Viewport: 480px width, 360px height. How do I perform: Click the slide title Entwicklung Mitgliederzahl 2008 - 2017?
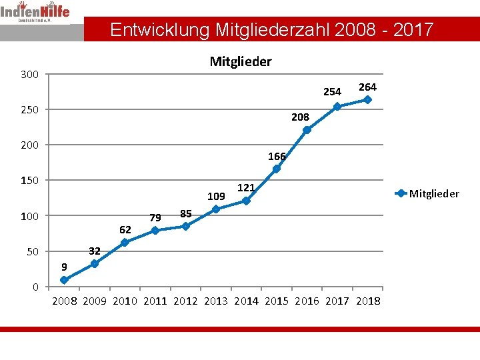pos(271,30)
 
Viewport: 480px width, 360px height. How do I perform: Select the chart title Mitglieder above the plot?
pos(241,62)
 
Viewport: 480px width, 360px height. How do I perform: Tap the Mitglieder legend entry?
pos(427,193)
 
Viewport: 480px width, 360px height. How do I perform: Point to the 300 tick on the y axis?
pos(30,73)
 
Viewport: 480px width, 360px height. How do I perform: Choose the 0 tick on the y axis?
pos(35,287)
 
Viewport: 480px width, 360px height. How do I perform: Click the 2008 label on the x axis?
pos(64,301)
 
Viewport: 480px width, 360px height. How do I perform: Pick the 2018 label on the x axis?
pos(368,301)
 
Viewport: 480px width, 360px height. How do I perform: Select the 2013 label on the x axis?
pos(216,301)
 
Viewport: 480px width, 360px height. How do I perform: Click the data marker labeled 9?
pos(64,280)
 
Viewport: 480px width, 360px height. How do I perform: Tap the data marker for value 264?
pos(367,99)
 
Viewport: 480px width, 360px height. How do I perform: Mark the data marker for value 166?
pos(276,169)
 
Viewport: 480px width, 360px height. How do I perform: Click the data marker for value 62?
pos(125,243)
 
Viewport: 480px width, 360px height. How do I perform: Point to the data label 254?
pos(332,92)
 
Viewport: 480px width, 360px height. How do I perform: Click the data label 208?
pos(300,117)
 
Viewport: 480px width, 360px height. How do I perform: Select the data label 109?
pos(216,197)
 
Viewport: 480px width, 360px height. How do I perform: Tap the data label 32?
pos(95,251)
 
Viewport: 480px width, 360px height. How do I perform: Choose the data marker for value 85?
pos(185,226)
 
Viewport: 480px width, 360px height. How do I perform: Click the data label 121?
pos(247,189)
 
